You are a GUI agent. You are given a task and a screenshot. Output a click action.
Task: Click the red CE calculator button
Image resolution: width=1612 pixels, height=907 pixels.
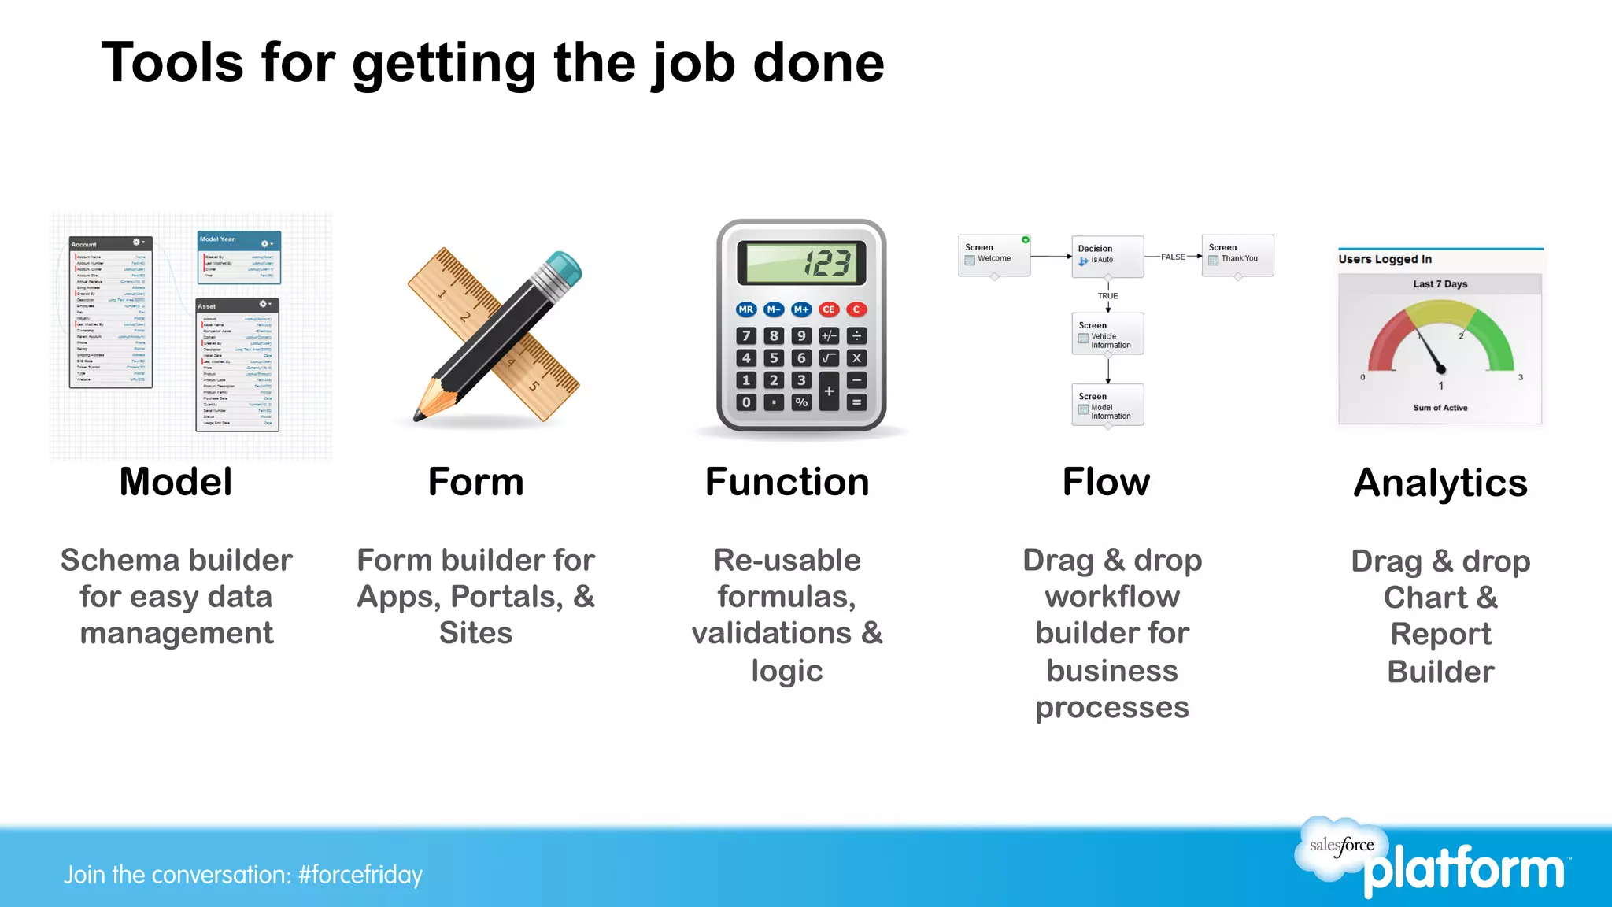click(x=828, y=309)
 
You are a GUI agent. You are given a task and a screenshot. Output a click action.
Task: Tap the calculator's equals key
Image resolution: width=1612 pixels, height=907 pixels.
click(x=856, y=402)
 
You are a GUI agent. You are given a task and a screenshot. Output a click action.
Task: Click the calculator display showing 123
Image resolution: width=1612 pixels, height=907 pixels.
click(x=801, y=263)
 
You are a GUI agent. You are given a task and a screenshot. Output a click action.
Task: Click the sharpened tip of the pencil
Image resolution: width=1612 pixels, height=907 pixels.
click(x=418, y=416)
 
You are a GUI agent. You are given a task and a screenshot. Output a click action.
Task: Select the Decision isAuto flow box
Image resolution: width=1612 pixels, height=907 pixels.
click(x=1107, y=255)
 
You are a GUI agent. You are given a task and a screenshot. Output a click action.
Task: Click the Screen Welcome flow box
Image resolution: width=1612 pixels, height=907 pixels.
click(x=993, y=254)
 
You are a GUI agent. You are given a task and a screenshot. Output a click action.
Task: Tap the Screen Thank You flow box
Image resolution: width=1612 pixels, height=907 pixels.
click(x=1237, y=254)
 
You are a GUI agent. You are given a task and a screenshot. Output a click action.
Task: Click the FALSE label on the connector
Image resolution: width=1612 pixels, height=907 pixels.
click(x=1173, y=257)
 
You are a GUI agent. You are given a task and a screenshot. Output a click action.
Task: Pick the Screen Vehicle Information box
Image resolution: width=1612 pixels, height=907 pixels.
click(x=1107, y=334)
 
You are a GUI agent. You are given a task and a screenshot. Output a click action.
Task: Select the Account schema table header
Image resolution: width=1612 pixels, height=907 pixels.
click(x=110, y=244)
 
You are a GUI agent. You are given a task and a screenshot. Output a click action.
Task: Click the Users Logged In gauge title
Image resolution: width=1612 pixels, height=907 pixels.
click(x=1385, y=259)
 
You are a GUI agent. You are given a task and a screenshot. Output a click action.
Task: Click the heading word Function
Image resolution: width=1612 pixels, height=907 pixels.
click(x=787, y=482)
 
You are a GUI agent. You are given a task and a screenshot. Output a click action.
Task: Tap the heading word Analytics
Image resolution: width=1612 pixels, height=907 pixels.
click(x=1440, y=483)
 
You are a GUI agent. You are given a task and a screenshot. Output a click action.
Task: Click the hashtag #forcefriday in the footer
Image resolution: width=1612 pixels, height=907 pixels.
click(x=360, y=875)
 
